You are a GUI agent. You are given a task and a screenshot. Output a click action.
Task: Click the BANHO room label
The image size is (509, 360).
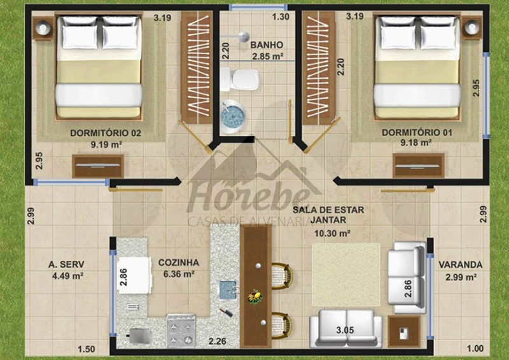click(x=267, y=45)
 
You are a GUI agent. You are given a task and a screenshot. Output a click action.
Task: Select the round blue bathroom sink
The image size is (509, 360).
click(x=232, y=115)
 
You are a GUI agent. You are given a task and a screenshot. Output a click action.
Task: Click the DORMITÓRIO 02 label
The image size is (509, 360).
click(x=106, y=133)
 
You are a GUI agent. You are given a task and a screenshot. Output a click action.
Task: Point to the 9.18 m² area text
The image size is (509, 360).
click(x=416, y=142)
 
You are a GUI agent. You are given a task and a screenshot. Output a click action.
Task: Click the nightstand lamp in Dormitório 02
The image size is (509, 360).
click(x=43, y=28)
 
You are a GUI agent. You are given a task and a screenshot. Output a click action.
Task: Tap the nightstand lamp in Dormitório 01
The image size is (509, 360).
click(x=472, y=27)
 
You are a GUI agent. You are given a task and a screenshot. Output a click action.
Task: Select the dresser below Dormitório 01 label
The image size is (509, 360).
click(x=419, y=165)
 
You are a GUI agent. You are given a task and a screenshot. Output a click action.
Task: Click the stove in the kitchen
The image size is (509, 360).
click(x=181, y=331)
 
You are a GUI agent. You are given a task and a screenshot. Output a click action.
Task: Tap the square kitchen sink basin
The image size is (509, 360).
click(x=228, y=290)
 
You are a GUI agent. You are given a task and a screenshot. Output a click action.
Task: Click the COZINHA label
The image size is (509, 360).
click(x=179, y=263)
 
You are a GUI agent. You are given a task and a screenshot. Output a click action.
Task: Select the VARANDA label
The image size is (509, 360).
click(x=460, y=265)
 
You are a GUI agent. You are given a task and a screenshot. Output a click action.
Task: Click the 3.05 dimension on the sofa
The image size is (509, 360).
click(x=345, y=331)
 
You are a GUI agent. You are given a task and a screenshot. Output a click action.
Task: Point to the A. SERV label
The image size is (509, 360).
click(x=66, y=265)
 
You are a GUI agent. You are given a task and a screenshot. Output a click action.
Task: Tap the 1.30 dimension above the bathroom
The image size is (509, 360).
click(x=281, y=17)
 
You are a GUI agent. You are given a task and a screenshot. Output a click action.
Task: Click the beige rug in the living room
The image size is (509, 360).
click(x=346, y=275)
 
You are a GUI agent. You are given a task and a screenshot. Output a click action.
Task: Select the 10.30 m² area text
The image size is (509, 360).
click(x=332, y=233)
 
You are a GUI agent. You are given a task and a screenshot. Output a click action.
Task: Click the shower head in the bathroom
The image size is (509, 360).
click(x=244, y=37)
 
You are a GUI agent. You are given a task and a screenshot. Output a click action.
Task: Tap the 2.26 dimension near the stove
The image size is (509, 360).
click(x=217, y=342)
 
